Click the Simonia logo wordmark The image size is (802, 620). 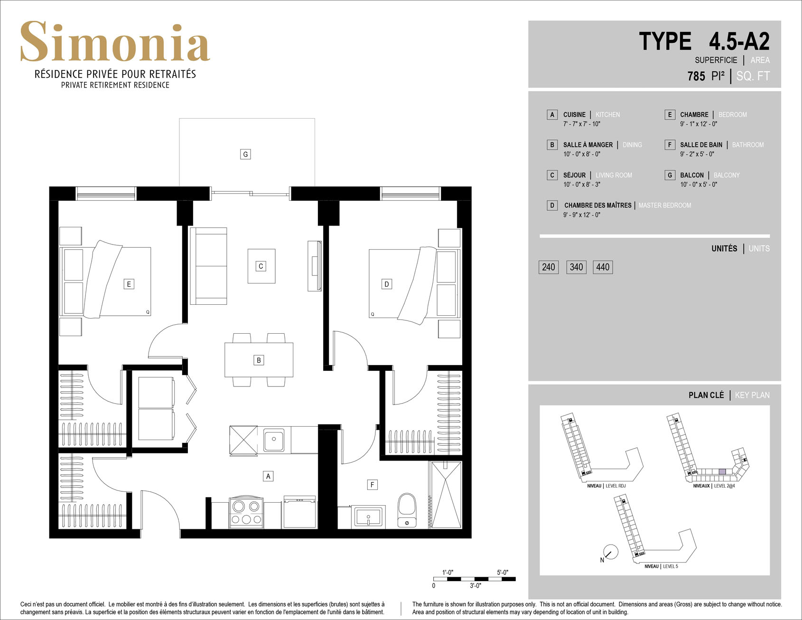coord(115,42)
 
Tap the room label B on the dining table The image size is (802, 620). coord(259,360)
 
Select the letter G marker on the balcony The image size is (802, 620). coord(245,154)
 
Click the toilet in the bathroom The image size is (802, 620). coord(407,510)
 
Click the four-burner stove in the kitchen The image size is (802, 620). coord(246,513)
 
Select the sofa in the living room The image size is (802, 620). coord(208,266)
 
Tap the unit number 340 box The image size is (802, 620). coord(576,267)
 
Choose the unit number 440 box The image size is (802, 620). coord(603,267)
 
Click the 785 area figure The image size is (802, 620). coord(696,76)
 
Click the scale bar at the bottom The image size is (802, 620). coord(474,579)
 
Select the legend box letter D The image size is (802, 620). coord(552,206)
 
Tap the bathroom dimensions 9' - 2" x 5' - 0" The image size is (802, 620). coord(697,154)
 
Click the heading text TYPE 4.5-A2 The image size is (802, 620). coord(704,41)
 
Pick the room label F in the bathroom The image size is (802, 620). coord(372,485)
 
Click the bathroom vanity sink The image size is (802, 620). coord(368,517)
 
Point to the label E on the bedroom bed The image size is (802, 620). coord(129,284)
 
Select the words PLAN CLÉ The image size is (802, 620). coord(706,395)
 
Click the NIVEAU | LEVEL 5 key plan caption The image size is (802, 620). coord(661,566)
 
